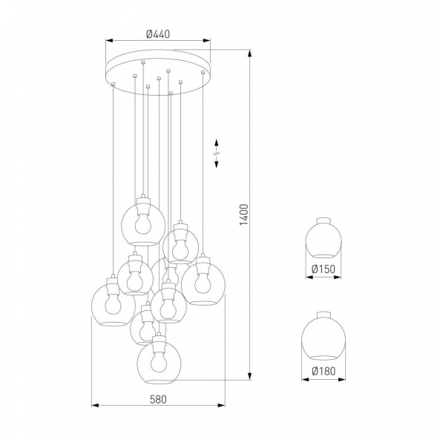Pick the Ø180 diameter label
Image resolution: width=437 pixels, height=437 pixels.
324,371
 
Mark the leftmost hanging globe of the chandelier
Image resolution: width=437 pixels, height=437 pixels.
111,305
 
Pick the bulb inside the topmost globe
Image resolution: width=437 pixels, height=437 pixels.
141,221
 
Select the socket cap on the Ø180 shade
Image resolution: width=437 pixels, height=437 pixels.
324,315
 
